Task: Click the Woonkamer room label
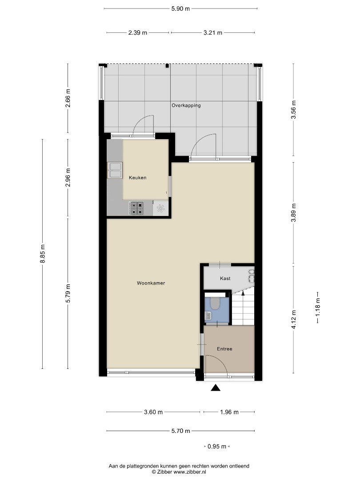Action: point(151,283)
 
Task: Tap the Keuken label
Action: point(137,177)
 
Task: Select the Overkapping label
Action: point(186,105)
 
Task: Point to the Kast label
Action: point(225,278)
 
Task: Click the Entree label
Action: point(224,349)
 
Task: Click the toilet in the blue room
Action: point(215,304)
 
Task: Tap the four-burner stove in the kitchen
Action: point(136,208)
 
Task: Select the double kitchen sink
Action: point(115,170)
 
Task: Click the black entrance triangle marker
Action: point(216,388)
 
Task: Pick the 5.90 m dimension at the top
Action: point(180,8)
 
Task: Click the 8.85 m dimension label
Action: point(43,253)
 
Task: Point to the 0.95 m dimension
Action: point(217,446)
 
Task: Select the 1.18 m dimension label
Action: point(318,307)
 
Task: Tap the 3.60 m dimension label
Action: point(153,412)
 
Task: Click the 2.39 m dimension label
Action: point(138,32)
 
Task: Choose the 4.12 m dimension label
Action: point(294,319)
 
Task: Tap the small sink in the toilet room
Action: point(208,316)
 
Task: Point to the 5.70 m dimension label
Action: point(180,431)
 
